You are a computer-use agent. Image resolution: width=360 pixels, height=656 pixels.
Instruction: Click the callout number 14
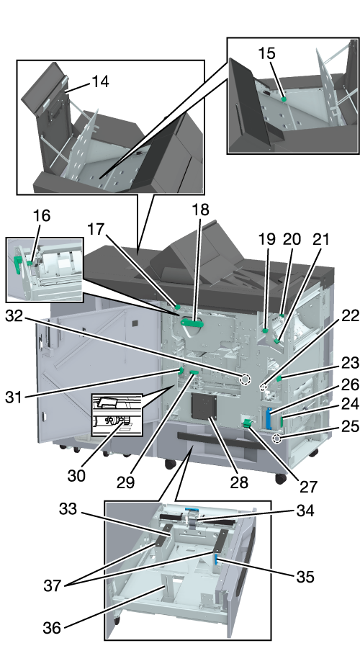100,81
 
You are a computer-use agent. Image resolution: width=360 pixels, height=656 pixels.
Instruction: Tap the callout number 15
266,53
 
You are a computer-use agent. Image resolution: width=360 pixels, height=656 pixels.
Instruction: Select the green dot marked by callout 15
284,99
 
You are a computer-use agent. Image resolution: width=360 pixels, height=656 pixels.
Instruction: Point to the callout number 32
14,316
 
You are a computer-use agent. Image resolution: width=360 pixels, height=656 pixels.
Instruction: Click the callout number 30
76,475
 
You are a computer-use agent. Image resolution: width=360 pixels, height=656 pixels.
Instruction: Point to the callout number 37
53,585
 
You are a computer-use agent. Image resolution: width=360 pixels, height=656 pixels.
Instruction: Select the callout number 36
52,627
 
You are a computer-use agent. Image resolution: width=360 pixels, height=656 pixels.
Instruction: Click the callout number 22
350,316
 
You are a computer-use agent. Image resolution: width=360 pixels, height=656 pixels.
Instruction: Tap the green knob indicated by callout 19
265,331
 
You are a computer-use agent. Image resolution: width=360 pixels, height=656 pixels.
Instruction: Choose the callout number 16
42,216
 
